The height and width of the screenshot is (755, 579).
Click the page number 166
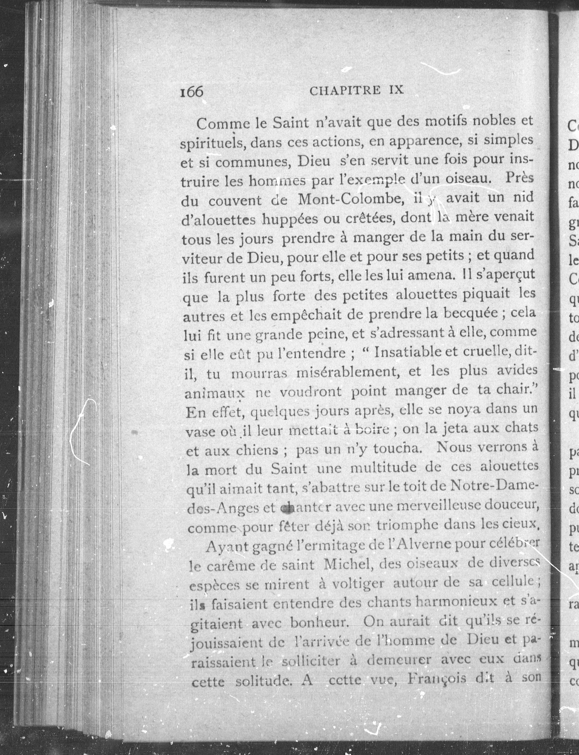click(192, 92)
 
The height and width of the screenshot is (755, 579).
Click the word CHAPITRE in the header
click(345, 91)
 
